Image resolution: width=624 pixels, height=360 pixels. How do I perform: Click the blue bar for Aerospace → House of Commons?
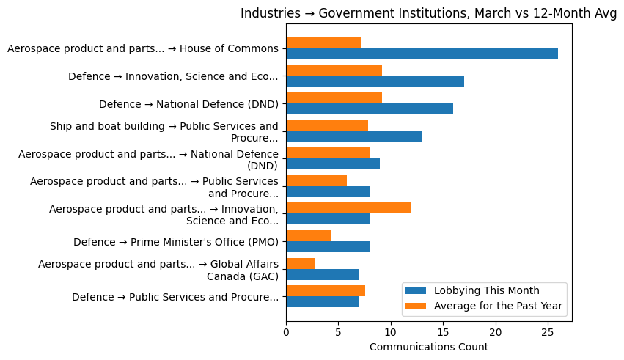422,54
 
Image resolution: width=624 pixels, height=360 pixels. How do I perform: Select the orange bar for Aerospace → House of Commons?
323,43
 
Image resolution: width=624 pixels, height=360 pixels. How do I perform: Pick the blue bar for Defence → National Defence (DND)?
370,109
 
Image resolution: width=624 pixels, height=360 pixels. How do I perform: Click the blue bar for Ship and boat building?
354,136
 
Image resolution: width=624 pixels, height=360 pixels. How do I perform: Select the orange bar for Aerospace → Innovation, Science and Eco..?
348,208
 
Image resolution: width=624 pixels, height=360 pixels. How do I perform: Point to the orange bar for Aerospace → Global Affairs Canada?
301,263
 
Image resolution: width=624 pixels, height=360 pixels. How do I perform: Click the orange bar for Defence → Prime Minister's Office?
309,235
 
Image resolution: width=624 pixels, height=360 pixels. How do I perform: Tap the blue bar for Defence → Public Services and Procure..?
323,302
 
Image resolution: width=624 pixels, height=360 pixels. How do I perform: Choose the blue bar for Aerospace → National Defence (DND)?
333,164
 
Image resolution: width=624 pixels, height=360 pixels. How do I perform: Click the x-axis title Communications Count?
428,347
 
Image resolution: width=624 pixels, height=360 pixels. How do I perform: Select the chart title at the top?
428,13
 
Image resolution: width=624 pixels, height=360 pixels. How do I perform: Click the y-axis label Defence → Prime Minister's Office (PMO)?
175,242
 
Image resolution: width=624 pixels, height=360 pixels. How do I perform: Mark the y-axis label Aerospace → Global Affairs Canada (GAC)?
158,269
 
